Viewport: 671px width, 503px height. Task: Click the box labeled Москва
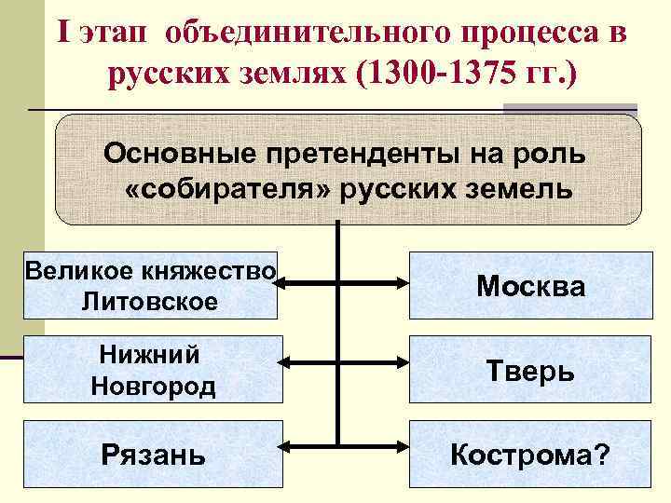point(531,285)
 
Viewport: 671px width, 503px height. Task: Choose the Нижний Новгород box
point(152,370)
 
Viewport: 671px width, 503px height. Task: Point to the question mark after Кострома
point(603,455)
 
